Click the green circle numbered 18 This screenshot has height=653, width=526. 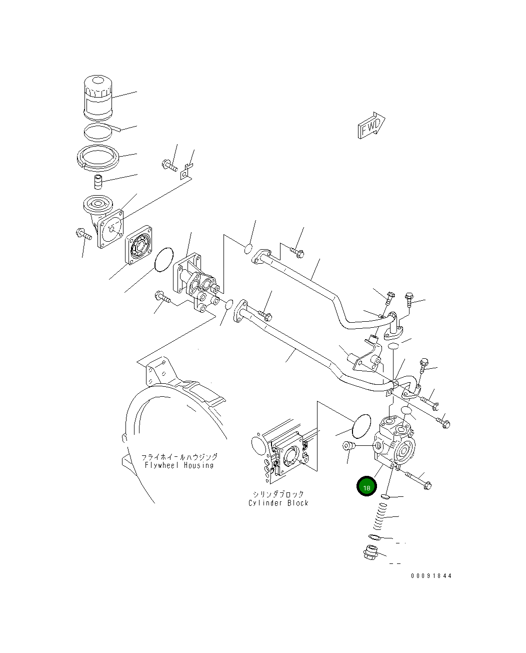[x=366, y=486]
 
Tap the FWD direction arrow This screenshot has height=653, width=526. [x=371, y=125]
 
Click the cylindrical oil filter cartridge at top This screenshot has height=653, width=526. [x=98, y=98]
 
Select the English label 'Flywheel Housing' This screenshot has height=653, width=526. [x=179, y=465]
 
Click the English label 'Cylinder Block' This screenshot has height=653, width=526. [x=278, y=503]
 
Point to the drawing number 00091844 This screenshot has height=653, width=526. [x=431, y=575]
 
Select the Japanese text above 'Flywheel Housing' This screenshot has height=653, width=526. [x=179, y=457]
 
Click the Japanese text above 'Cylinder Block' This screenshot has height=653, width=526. [x=278, y=494]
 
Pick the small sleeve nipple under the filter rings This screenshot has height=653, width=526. [x=97, y=182]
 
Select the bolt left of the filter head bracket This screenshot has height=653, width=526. [x=83, y=233]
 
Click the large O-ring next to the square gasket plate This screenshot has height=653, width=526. [x=163, y=260]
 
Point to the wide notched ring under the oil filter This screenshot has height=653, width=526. [x=98, y=158]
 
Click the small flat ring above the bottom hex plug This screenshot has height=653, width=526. [x=375, y=536]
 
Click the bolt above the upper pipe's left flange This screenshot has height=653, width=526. [x=297, y=253]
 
